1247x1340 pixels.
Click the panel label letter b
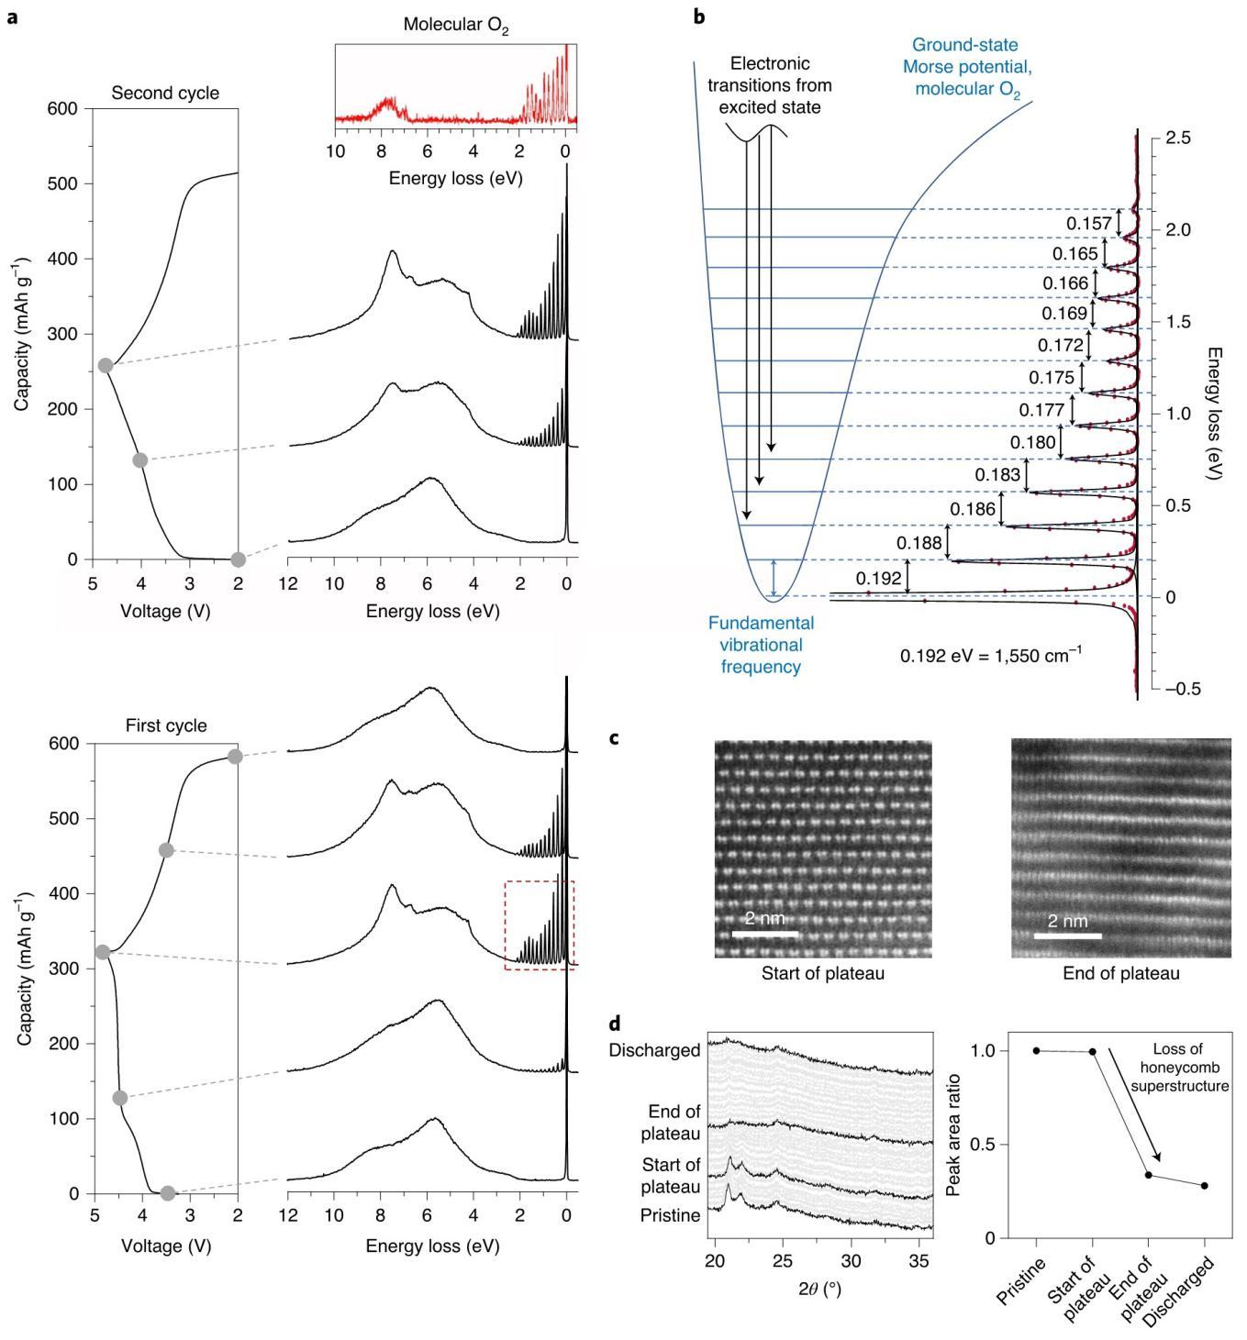point(699,16)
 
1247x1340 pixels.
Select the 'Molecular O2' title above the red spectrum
point(456,26)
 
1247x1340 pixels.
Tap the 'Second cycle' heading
point(165,94)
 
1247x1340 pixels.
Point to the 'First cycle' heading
point(166,725)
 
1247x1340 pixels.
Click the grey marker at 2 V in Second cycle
point(239,559)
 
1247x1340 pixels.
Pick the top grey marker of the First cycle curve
point(235,757)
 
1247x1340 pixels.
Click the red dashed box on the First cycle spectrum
point(540,925)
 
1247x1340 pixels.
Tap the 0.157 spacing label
point(1088,224)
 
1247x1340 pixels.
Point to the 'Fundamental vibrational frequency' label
point(761,645)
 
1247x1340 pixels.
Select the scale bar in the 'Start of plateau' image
point(764,934)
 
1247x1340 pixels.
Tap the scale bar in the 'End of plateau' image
point(1067,936)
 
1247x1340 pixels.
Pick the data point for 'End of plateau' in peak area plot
point(1149,1175)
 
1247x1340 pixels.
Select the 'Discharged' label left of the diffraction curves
point(655,1050)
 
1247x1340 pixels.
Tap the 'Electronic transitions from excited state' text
point(771,85)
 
